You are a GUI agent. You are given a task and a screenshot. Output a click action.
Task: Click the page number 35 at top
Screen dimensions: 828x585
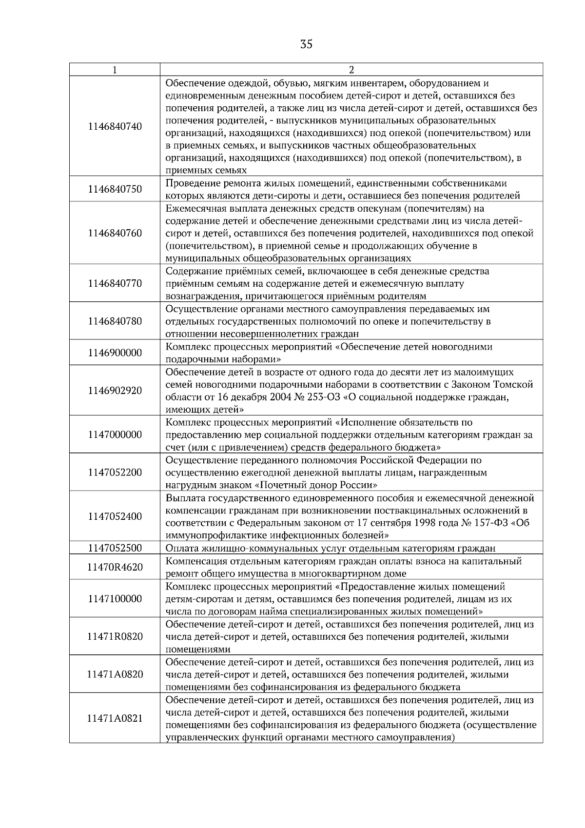click(x=306, y=44)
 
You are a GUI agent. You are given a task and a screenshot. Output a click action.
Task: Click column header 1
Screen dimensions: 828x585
click(x=115, y=70)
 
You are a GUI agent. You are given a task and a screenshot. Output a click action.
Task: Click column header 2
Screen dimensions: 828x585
click(x=351, y=70)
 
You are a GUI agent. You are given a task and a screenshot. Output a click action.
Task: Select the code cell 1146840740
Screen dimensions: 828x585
click(x=115, y=126)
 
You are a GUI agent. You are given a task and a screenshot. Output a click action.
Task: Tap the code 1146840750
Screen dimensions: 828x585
click(x=115, y=189)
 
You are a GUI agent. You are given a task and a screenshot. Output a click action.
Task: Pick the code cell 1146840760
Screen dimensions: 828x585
click(x=115, y=233)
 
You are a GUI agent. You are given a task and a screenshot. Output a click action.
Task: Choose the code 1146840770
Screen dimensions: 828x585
click(x=115, y=283)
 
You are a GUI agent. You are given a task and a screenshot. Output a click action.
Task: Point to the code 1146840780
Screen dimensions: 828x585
click(x=115, y=321)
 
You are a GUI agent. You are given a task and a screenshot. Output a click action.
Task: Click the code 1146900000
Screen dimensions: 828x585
click(x=115, y=353)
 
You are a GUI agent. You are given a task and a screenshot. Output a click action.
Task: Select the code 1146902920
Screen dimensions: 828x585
click(x=115, y=391)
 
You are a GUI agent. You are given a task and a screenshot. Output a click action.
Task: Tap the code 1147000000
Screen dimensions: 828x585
click(x=115, y=434)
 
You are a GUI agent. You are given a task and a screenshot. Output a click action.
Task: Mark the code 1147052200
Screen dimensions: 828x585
click(x=115, y=472)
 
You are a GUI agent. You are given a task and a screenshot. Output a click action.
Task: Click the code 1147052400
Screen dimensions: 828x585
click(x=115, y=516)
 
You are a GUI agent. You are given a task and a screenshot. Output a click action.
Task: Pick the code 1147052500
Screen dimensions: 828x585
click(x=115, y=548)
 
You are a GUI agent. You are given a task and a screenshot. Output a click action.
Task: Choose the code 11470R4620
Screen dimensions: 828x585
click(x=115, y=567)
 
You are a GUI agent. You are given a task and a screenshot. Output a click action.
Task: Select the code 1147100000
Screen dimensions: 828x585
click(x=115, y=599)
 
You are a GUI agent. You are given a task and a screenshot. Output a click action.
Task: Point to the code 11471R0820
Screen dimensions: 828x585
click(x=115, y=636)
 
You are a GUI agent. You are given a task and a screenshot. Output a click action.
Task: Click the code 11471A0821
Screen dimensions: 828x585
click(x=115, y=718)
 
